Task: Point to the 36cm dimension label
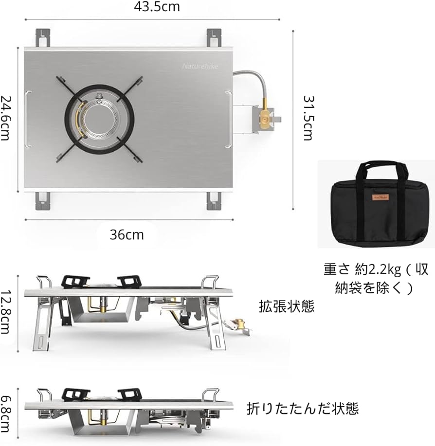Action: point(127,234)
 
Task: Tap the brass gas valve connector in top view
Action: point(265,117)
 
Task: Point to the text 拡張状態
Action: point(287,306)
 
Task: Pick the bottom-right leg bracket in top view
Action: point(213,200)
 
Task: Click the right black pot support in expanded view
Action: point(129,281)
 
